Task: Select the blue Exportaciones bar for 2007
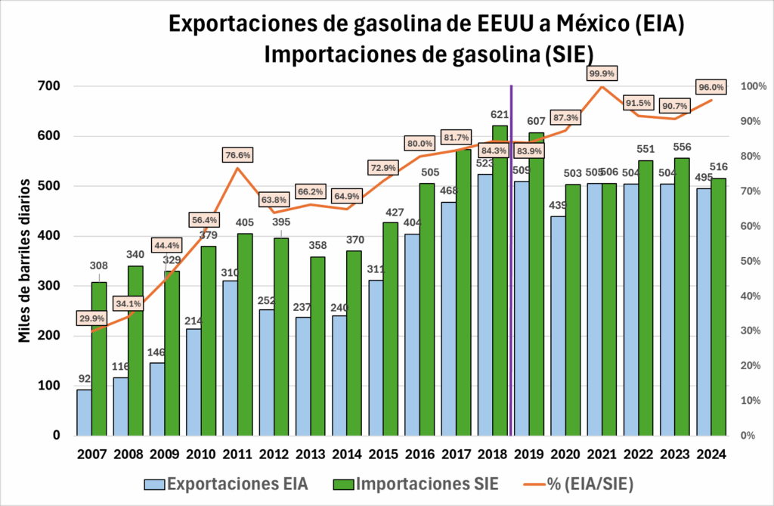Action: point(84,412)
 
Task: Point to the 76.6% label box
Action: point(239,155)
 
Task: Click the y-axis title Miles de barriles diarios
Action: point(26,261)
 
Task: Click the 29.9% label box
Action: point(91,318)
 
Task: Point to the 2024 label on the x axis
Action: point(711,455)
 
